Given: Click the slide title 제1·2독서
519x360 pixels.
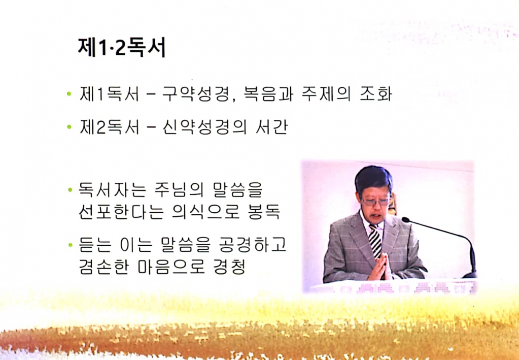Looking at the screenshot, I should (x=122, y=48).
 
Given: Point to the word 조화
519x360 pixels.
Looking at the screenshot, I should (x=376, y=95).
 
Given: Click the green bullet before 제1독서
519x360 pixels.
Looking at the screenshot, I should (x=68, y=95).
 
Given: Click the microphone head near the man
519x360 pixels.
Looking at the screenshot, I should (x=406, y=220).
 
